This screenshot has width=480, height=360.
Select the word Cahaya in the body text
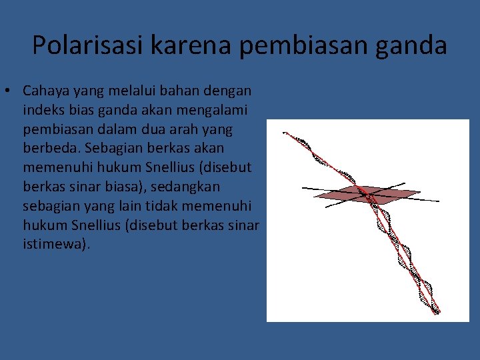[45, 90]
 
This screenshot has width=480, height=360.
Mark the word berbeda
[50, 148]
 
